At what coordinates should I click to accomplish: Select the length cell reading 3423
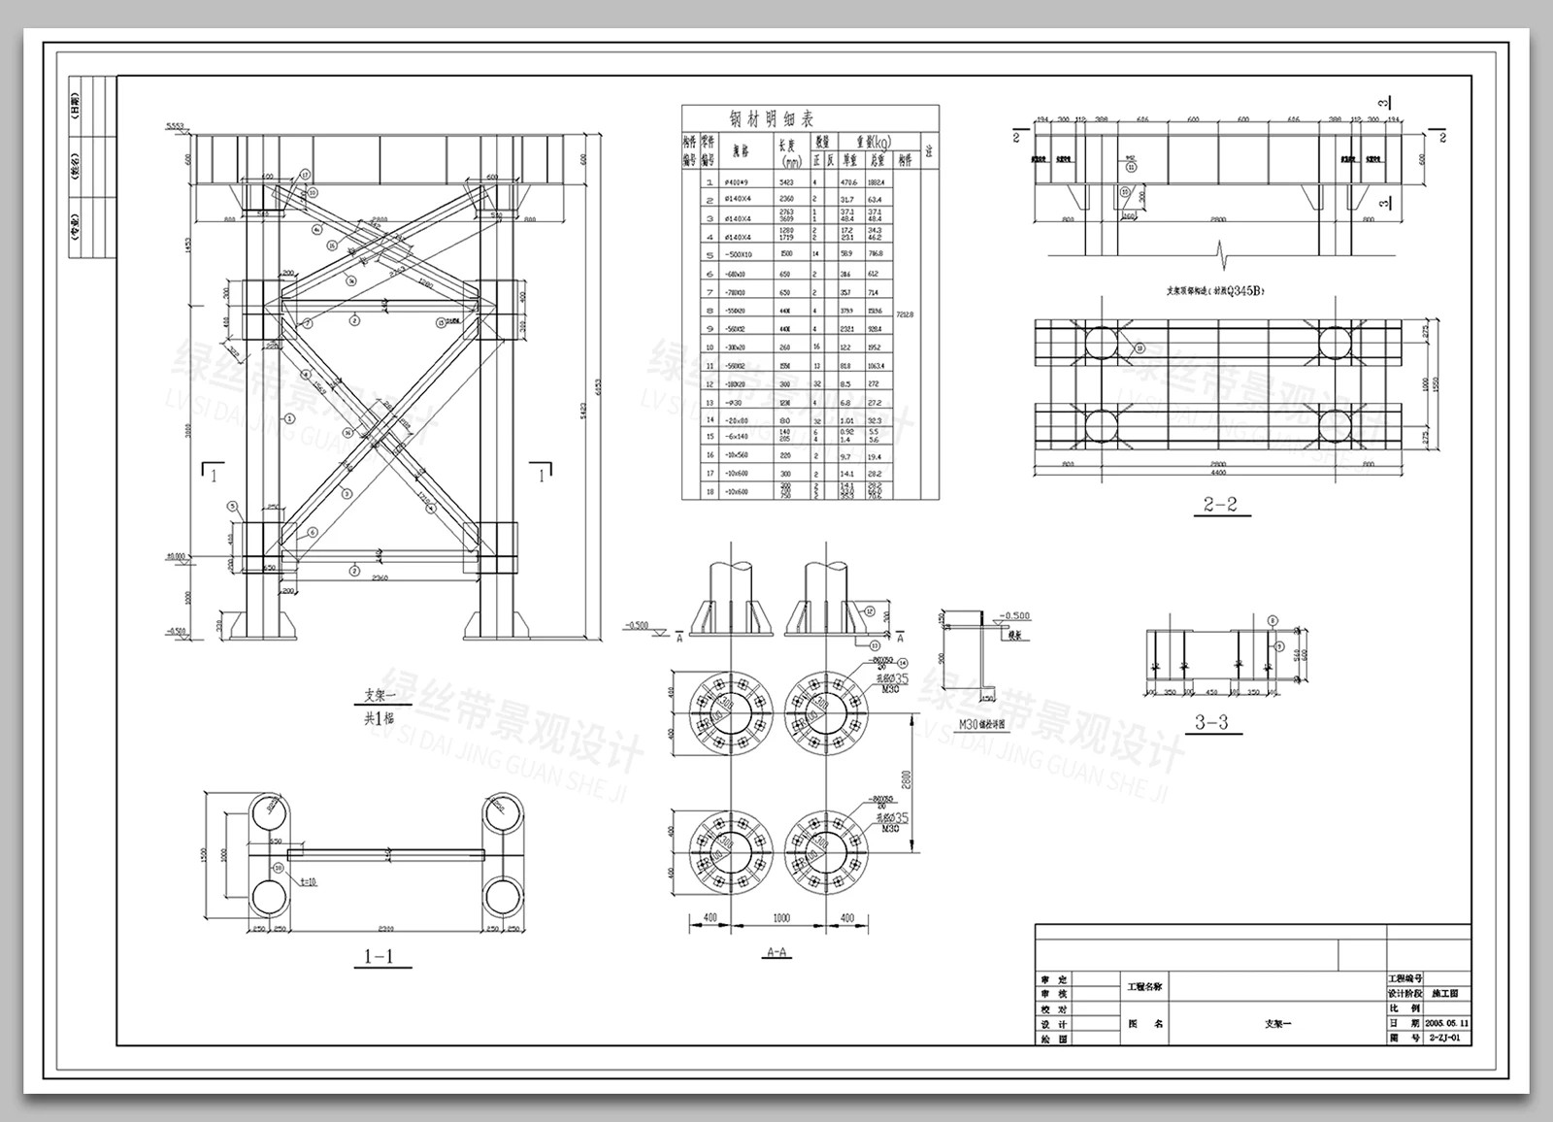(786, 181)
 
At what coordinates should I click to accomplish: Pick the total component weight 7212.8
(905, 314)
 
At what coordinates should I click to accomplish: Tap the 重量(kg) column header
(866, 142)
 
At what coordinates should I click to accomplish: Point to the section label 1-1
(378, 957)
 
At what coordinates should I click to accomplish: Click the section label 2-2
(1220, 505)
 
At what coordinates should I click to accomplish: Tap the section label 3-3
(1210, 722)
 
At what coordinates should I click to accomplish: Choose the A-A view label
(776, 952)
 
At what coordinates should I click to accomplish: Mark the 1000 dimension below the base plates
(780, 918)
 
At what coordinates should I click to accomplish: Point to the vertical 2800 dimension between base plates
(907, 779)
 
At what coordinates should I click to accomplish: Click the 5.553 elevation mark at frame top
(175, 126)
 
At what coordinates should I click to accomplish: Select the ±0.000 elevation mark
(176, 557)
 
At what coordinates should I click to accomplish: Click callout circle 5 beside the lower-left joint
(233, 506)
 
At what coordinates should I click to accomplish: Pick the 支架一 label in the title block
(1277, 1023)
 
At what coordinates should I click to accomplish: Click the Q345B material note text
(1216, 289)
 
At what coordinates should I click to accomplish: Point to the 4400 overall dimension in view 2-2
(1217, 473)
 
